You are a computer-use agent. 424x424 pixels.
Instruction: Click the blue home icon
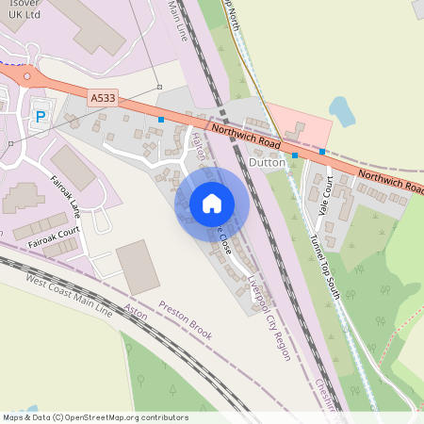212,203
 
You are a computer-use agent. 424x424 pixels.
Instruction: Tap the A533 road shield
103,97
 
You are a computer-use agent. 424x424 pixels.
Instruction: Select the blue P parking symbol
40,116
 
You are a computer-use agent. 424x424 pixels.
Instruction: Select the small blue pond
341,112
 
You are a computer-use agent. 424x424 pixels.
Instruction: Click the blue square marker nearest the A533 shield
161,120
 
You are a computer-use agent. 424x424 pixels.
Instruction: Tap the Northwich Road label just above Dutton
246,138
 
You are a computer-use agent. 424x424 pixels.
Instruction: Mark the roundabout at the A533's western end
27,77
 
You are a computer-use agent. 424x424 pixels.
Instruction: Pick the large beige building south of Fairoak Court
139,265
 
